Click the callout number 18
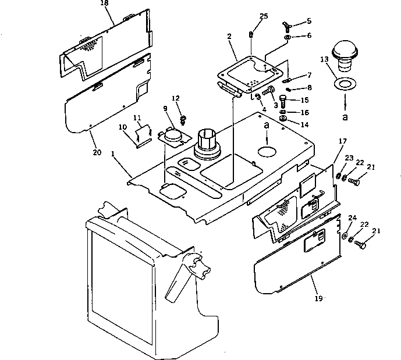tap(105, 3)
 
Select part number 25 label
tap(264, 16)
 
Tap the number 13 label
tap(324, 59)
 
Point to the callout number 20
tap(97, 152)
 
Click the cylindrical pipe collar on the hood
tap(208, 142)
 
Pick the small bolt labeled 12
tap(183, 119)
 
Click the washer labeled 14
tap(283, 120)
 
